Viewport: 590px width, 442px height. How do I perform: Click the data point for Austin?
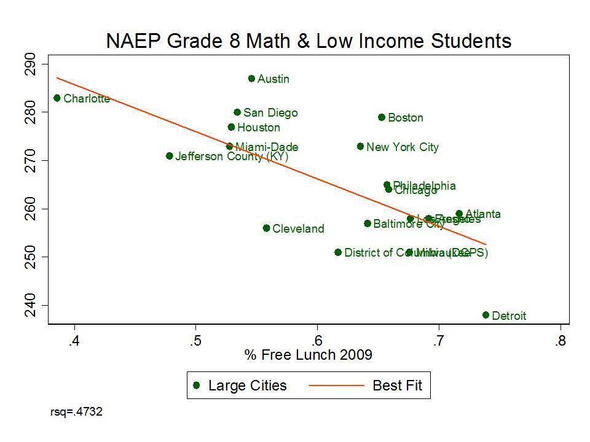[251, 79]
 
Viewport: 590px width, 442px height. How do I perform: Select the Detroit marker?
[486, 315]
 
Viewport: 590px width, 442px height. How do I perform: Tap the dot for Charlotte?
[57, 98]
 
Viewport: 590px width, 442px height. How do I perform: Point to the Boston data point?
[382, 117]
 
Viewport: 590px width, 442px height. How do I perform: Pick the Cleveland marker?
[266, 228]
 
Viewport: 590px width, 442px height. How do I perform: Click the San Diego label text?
[270, 113]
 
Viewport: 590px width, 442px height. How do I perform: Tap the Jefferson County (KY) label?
[232, 157]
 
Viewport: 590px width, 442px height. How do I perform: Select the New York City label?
[403, 147]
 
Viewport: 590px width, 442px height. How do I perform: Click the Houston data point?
[231, 127]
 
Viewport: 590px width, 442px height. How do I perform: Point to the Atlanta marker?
[459, 214]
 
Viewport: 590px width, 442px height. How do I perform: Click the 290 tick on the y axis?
[29, 64]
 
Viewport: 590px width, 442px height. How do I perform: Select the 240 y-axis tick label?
[29, 305]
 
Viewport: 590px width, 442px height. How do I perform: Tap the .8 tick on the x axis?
[560, 341]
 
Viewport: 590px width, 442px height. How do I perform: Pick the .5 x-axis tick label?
[195, 341]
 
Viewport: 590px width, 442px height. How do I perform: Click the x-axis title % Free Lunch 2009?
[309, 355]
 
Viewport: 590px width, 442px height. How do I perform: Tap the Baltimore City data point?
[368, 223]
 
